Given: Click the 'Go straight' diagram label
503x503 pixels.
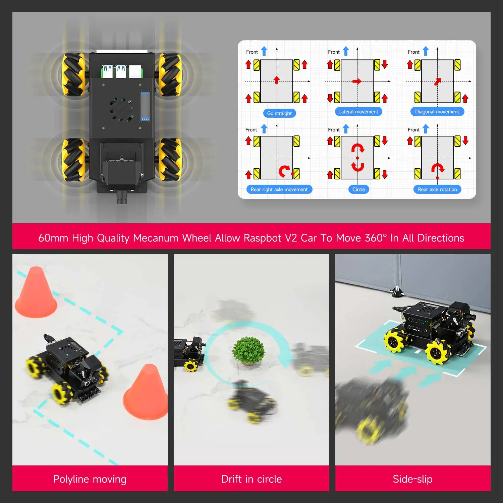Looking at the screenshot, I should click(279, 113).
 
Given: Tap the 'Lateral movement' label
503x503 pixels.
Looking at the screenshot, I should click(358, 112).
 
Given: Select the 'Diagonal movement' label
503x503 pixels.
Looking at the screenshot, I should click(437, 112).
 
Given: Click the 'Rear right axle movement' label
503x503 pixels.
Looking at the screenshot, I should click(279, 189).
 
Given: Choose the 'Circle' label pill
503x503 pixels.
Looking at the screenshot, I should click(358, 189).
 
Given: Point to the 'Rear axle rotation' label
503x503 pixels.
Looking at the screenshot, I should click(437, 189).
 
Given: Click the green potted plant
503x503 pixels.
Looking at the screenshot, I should click(248, 350).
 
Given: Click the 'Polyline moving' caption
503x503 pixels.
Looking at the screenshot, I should click(90, 479).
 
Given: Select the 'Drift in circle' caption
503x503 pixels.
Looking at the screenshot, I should click(251, 479).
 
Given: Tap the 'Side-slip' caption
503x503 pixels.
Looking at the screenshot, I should click(412, 479).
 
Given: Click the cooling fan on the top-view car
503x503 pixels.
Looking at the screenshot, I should click(121, 109).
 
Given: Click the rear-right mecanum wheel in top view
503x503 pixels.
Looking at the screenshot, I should click(170, 160).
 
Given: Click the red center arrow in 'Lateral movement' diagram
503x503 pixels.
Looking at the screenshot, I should click(357, 81).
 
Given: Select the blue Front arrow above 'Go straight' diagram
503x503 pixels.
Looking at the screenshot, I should click(264, 51).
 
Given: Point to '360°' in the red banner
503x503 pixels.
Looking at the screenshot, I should click(376, 238).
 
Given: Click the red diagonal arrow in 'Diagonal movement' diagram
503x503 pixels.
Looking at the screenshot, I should click(438, 81).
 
